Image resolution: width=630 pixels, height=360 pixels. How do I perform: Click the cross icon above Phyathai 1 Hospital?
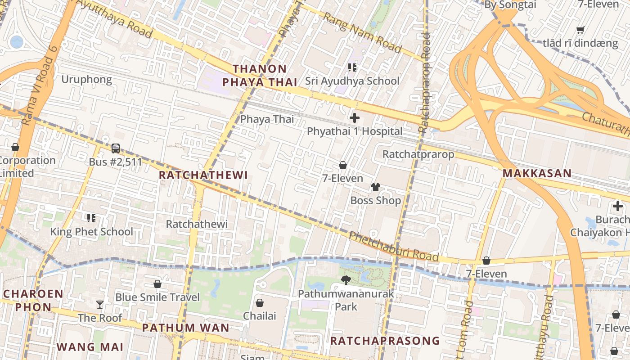coord(355,118)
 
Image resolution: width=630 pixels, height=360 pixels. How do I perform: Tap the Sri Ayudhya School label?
coord(352,81)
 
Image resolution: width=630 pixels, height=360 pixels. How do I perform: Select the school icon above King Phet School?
coord(91,218)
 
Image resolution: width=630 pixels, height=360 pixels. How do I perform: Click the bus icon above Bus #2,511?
coord(116,148)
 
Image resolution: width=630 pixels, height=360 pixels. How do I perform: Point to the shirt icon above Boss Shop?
coord(375,187)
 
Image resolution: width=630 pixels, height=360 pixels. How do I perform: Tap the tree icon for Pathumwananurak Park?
coord(346,280)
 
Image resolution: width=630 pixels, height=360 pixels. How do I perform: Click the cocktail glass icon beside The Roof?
coord(100,305)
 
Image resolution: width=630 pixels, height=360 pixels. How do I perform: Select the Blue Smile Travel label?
coord(157,297)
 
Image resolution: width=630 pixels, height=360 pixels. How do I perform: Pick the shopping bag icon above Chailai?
coord(260,303)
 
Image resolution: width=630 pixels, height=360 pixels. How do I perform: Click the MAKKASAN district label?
coord(537,173)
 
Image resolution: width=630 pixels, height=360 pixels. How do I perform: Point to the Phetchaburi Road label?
coord(394,247)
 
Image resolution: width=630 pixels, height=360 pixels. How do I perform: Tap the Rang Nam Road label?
coord(362,32)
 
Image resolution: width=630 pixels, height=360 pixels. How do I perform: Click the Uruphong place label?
coord(86,80)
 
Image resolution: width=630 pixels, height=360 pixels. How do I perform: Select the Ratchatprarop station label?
coord(418,154)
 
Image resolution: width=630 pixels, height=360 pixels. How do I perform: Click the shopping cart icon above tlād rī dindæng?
coord(580,30)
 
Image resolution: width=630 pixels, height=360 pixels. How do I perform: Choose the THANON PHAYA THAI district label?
coord(260,76)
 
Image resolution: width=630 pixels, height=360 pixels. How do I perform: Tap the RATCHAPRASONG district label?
coord(385,341)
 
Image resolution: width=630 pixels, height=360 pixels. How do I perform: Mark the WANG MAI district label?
coord(90,347)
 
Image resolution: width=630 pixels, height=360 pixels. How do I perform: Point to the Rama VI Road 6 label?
coord(39,85)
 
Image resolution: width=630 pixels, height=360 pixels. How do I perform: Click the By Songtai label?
coord(510,5)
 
